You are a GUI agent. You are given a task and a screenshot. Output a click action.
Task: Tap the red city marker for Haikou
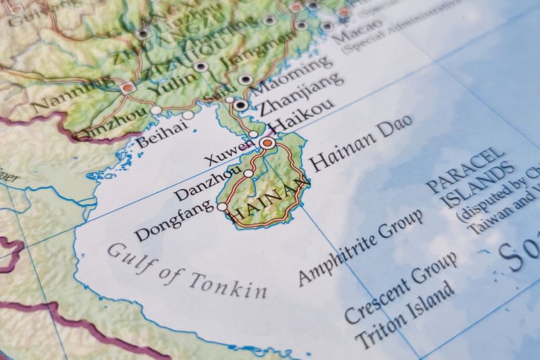[268, 144]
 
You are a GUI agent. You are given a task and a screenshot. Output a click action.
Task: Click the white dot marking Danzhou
[248, 174]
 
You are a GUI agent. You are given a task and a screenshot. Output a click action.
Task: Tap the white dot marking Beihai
[188, 115]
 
